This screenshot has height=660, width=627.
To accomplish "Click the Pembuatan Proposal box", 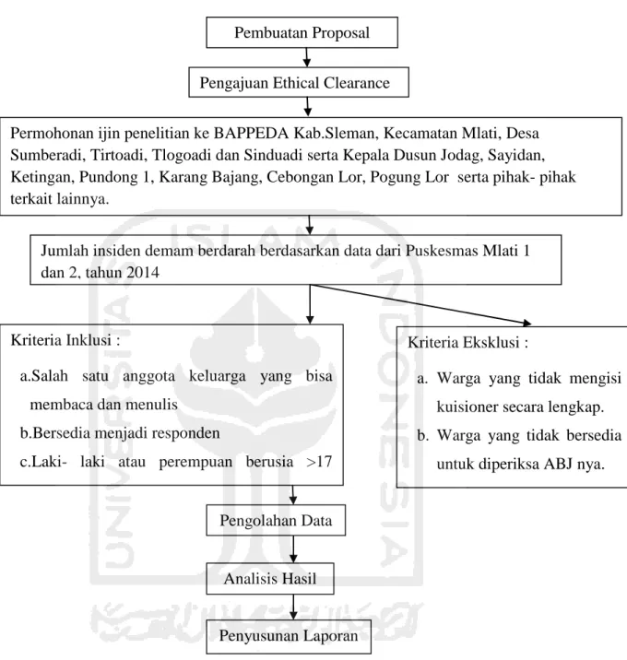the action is [x=302, y=32].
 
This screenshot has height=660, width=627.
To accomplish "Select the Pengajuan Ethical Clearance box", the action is [x=299, y=82].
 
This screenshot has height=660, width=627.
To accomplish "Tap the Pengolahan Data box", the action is [x=276, y=520].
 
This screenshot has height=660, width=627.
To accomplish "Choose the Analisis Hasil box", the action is [x=270, y=579].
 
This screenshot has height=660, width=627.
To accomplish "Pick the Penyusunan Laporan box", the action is [x=289, y=636].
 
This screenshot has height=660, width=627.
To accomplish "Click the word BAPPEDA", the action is [x=252, y=133].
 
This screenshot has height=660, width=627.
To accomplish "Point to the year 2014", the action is [x=143, y=273].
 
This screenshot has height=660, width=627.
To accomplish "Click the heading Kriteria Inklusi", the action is [x=65, y=340].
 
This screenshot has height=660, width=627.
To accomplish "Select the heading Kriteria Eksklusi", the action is [x=467, y=343].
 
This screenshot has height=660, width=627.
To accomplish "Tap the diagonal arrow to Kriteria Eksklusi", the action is [x=420, y=304].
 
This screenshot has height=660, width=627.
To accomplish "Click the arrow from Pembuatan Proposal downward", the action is [x=307, y=57].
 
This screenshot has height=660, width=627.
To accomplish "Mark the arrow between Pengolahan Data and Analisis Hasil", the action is [x=293, y=549].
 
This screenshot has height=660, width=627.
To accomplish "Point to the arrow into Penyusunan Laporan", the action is [x=293, y=607].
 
